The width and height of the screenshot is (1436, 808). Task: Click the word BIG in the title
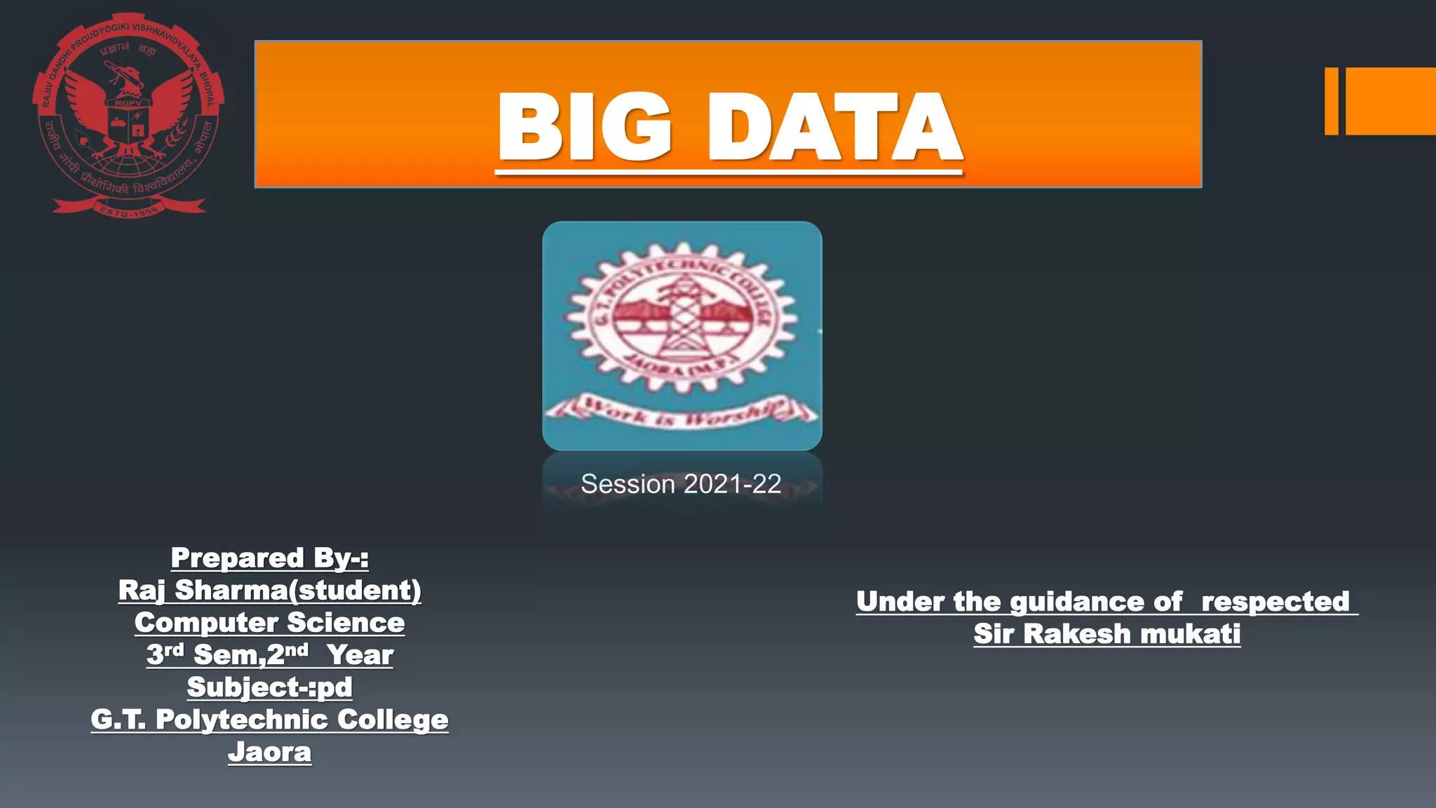coord(583,128)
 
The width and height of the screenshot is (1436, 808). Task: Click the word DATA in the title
coord(834,128)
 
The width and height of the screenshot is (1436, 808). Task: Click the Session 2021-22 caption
coord(681,484)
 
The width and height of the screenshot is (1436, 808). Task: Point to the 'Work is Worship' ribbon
coord(682,412)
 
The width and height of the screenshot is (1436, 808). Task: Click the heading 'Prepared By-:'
coord(270,558)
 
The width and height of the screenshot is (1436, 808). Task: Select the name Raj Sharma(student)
coord(270,591)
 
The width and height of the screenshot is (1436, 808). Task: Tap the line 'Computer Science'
coord(270,623)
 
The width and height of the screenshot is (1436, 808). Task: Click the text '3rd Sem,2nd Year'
coord(270,655)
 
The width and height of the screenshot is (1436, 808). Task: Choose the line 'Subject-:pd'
coord(270,687)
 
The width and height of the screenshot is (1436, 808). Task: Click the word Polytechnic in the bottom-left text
coord(242,720)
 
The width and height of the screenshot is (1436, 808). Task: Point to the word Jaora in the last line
coord(270,752)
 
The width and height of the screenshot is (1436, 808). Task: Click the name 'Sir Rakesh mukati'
coord(1107,634)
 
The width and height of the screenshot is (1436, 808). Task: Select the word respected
coord(1275,602)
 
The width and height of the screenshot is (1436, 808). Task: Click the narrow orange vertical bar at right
coord(1331,101)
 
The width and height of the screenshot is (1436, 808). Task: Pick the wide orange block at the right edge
coord(1390,101)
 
